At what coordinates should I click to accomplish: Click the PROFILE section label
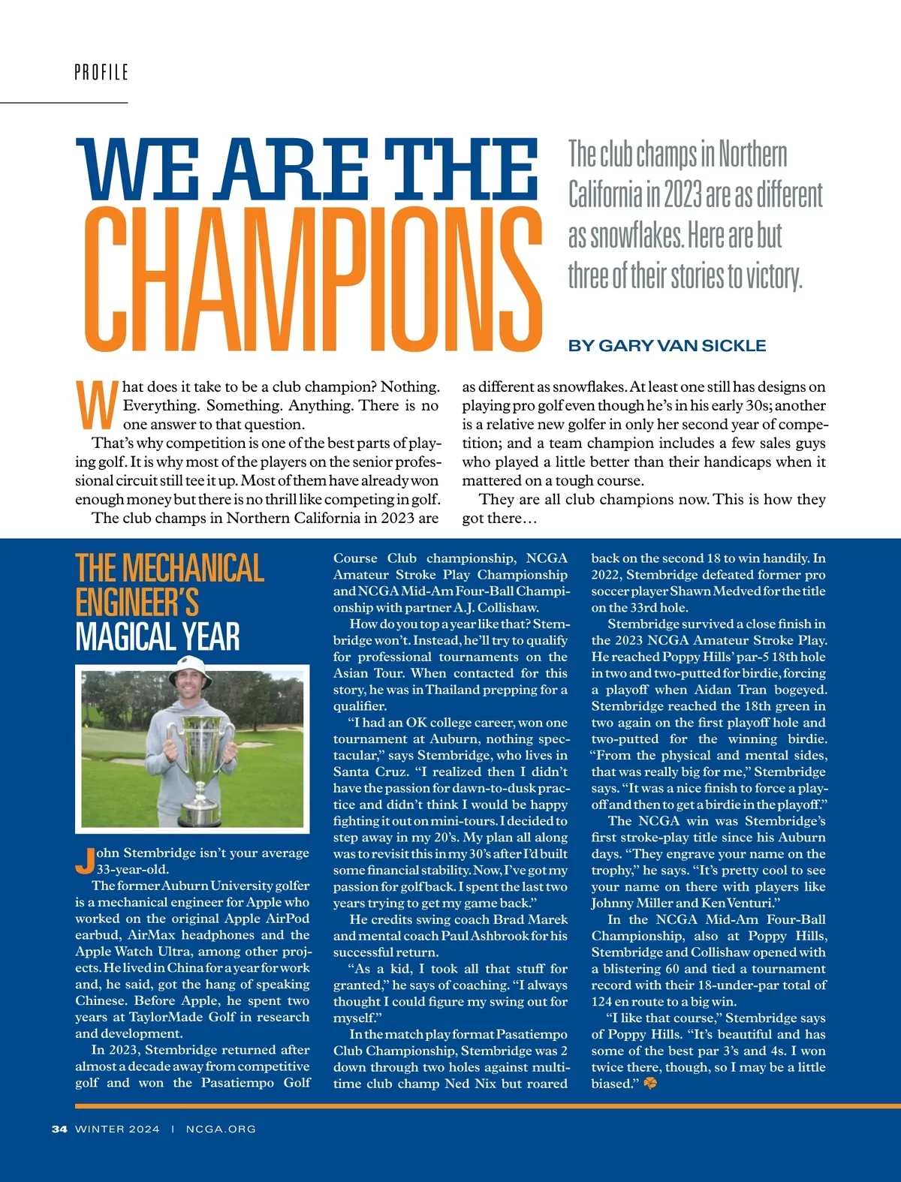101,72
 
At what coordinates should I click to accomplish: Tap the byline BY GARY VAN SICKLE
667,345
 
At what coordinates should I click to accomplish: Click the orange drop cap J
85,860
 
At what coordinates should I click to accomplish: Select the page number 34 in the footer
59,1129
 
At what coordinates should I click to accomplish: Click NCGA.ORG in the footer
221,1129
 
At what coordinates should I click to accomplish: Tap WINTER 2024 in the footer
117,1129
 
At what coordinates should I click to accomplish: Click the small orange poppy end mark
650,1083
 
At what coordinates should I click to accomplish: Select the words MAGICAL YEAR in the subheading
158,637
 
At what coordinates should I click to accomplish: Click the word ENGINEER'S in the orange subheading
137,603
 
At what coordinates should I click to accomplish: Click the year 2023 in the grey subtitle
683,195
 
